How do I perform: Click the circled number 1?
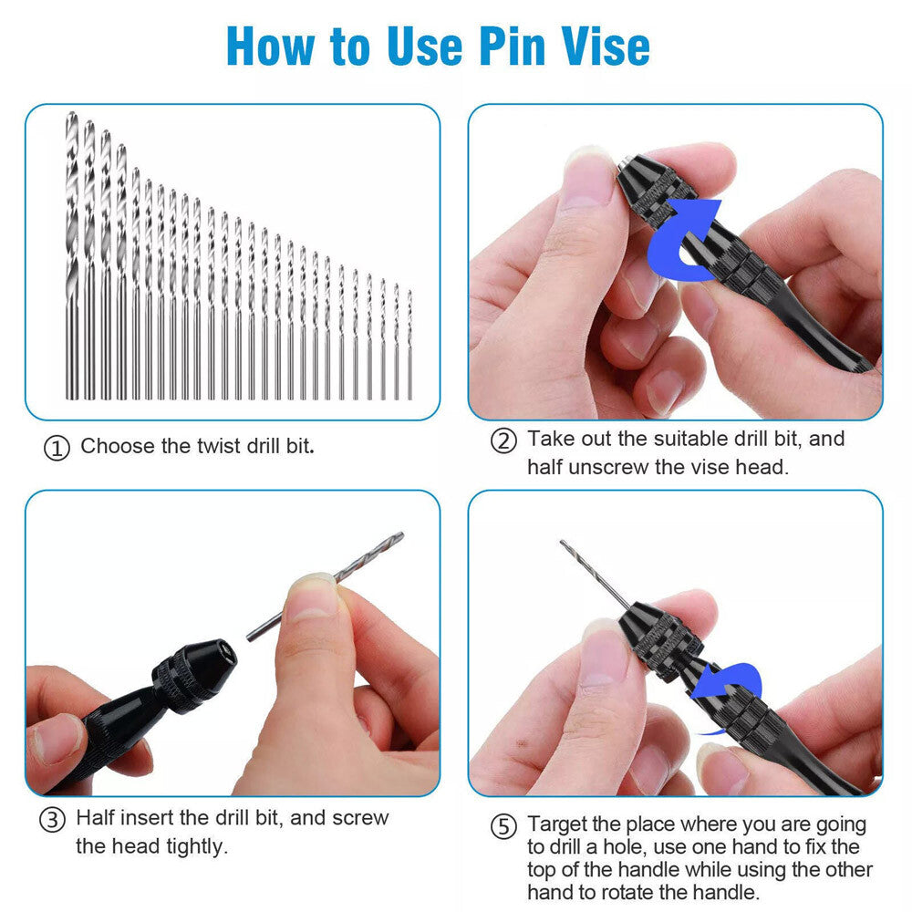point(57,449)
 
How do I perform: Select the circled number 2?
point(503,440)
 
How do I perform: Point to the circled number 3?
point(52,819)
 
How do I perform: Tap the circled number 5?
point(503,827)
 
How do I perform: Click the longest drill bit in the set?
point(72,255)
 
